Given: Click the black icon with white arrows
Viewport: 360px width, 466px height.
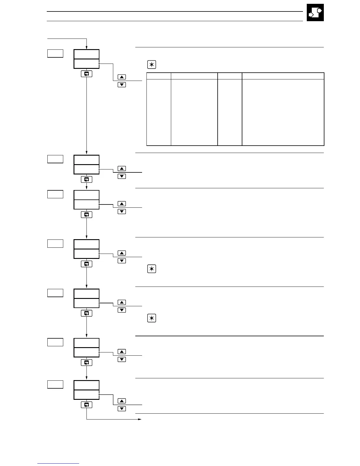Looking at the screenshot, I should [x=315, y=12].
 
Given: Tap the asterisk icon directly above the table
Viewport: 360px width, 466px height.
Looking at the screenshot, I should [x=151, y=65].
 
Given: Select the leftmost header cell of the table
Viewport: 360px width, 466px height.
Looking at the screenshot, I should [x=159, y=76].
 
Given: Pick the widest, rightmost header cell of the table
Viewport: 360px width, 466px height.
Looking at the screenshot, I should [x=283, y=76].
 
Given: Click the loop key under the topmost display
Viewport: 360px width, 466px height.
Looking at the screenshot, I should [x=86, y=74].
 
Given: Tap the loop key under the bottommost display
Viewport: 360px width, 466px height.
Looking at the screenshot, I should [x=86, y=405].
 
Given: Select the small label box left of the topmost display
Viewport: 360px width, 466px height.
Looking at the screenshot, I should [x=55, y=53].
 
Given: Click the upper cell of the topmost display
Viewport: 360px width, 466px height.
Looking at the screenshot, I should [x=86, y=54].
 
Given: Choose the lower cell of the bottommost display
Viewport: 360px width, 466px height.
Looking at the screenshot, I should [x=86, y=395].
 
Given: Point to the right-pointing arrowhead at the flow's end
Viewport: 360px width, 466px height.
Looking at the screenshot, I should [x=140, y=419].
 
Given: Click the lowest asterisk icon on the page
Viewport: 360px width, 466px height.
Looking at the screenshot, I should [x=151, y=318].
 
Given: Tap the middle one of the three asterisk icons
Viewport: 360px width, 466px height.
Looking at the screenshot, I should [x=151, y=269].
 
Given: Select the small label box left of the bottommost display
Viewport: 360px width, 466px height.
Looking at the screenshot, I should [x=55, y=384].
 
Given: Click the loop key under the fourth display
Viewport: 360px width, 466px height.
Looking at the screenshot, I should [x=86, y=264].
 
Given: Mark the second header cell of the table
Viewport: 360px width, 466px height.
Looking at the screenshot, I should [x=194, y=76].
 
